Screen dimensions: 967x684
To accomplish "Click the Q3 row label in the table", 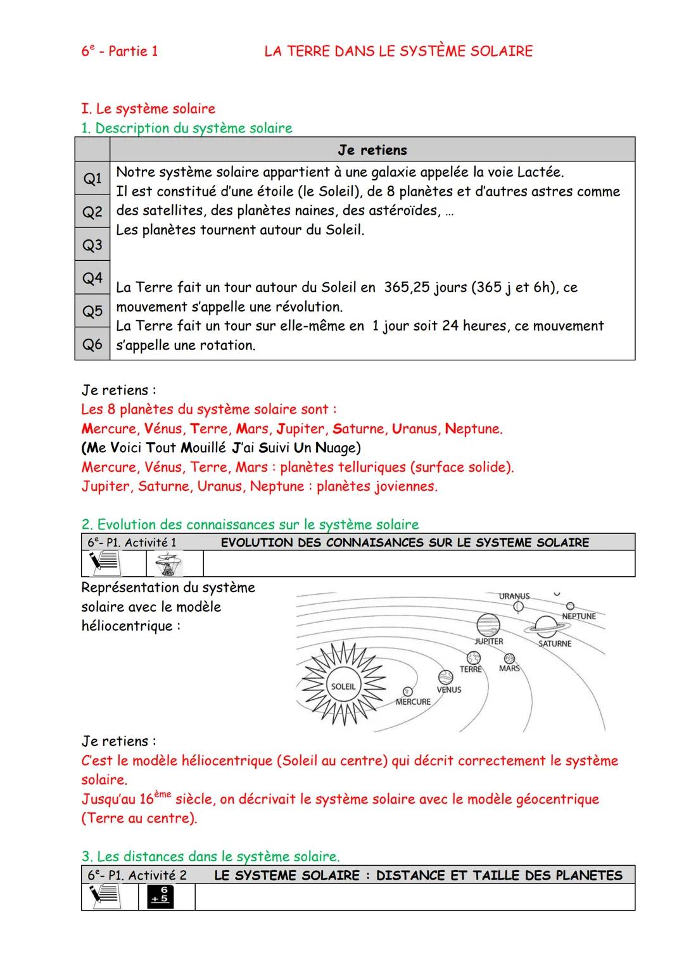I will coord(92,245).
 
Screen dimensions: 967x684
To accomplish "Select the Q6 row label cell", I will coord(92,344).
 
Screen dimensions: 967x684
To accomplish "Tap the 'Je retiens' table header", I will coord(372,150).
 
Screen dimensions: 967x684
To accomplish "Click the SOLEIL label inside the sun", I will coord(343,686).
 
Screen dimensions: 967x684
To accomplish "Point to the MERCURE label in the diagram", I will coord(413,702).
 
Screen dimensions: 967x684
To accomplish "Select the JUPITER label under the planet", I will coord(489,642).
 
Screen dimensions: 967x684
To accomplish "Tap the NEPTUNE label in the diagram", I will coord(579,616).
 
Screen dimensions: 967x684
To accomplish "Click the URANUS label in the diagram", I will coord(514,597).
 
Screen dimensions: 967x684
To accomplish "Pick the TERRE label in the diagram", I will coord(471,669).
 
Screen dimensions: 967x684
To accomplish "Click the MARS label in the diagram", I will coord(509,669).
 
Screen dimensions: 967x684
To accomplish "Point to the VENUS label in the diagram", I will coord(449,690).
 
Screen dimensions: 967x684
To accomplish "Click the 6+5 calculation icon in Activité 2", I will coord(160,896).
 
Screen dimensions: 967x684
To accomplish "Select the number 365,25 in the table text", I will coord(413,288).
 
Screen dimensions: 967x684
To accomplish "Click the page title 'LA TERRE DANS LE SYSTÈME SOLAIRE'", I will coord(398,51).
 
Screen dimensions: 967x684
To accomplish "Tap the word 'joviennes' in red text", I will coord(403,486).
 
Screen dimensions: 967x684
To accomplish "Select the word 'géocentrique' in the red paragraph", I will coord(557,799).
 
